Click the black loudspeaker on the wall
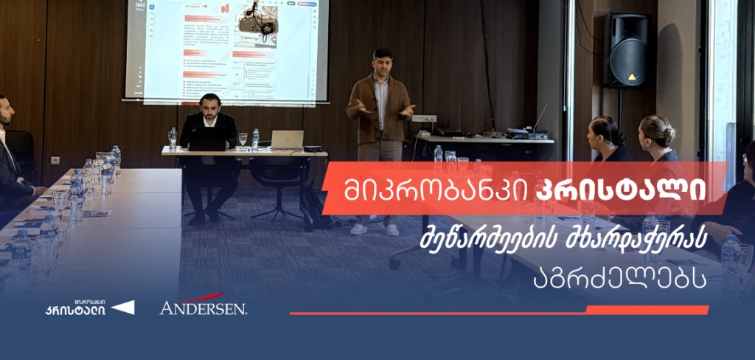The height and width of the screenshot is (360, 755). pos(627,50)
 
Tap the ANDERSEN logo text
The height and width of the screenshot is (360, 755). pos(203,307)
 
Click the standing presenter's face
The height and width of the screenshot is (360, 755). pos(382,62)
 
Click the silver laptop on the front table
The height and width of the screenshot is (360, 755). pos(287,139)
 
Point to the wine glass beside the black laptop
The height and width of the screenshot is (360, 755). pos(243,139)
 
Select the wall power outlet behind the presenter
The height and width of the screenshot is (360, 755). pos(423,118)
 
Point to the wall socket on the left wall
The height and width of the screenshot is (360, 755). pos(55,160)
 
